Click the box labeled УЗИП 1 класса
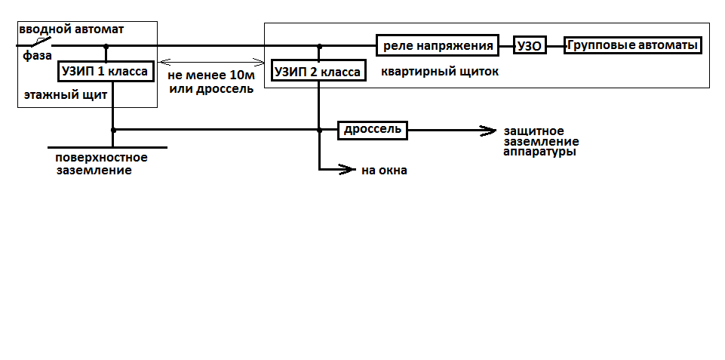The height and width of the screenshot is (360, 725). click(106, 72)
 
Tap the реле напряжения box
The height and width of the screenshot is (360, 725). click(438, 45)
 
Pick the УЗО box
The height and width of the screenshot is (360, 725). click(529, 45)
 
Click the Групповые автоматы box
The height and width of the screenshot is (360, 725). click(632, 45)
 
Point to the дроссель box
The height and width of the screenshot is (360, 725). click(372, 129)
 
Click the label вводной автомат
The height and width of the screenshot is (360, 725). click(72, 29)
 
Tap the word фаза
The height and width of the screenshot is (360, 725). click(35, 55)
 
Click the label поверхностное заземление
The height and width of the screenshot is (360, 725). click(100, 164)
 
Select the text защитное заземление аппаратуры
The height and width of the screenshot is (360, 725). click(541, 141)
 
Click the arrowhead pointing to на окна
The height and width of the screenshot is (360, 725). click(349, 169)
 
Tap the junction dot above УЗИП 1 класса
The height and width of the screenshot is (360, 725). click(106, 46)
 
